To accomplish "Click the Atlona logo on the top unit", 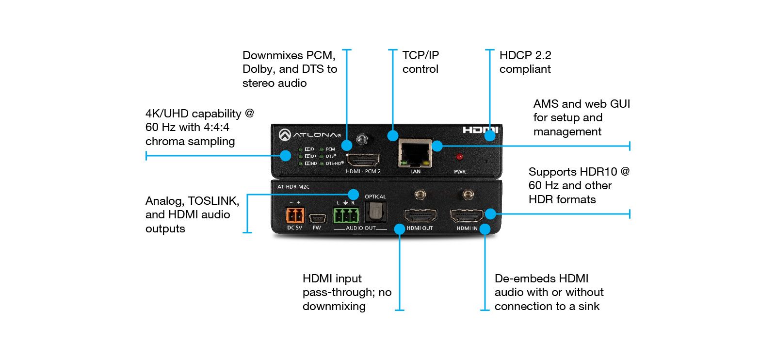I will (x=309, y=134).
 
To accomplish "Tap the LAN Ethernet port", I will (x=415, y=154).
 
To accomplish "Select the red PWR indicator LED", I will (x=459, y=157).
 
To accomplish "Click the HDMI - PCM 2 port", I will (x=364, y=159).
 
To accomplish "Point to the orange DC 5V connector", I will (x=294, y=215).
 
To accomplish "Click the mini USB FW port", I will (x=317, y=218).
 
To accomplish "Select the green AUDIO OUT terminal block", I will (x=346, y=215).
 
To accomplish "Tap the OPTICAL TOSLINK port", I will (x=376, y=211).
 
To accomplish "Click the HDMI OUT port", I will (x=420, y=215).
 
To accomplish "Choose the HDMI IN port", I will (x=467, y=215).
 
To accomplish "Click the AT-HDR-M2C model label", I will (x=293, y=187).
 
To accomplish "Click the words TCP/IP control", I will (x=420, y=62).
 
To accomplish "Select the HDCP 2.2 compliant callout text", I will (x=525, y=62).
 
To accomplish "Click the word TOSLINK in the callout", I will (x=213, y=201).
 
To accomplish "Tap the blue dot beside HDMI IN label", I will (x=485, y=229).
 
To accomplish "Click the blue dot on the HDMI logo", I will (x=490, y=135).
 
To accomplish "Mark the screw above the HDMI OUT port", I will (x=420, y=195).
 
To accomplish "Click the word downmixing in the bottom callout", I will (x=334, y=306).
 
